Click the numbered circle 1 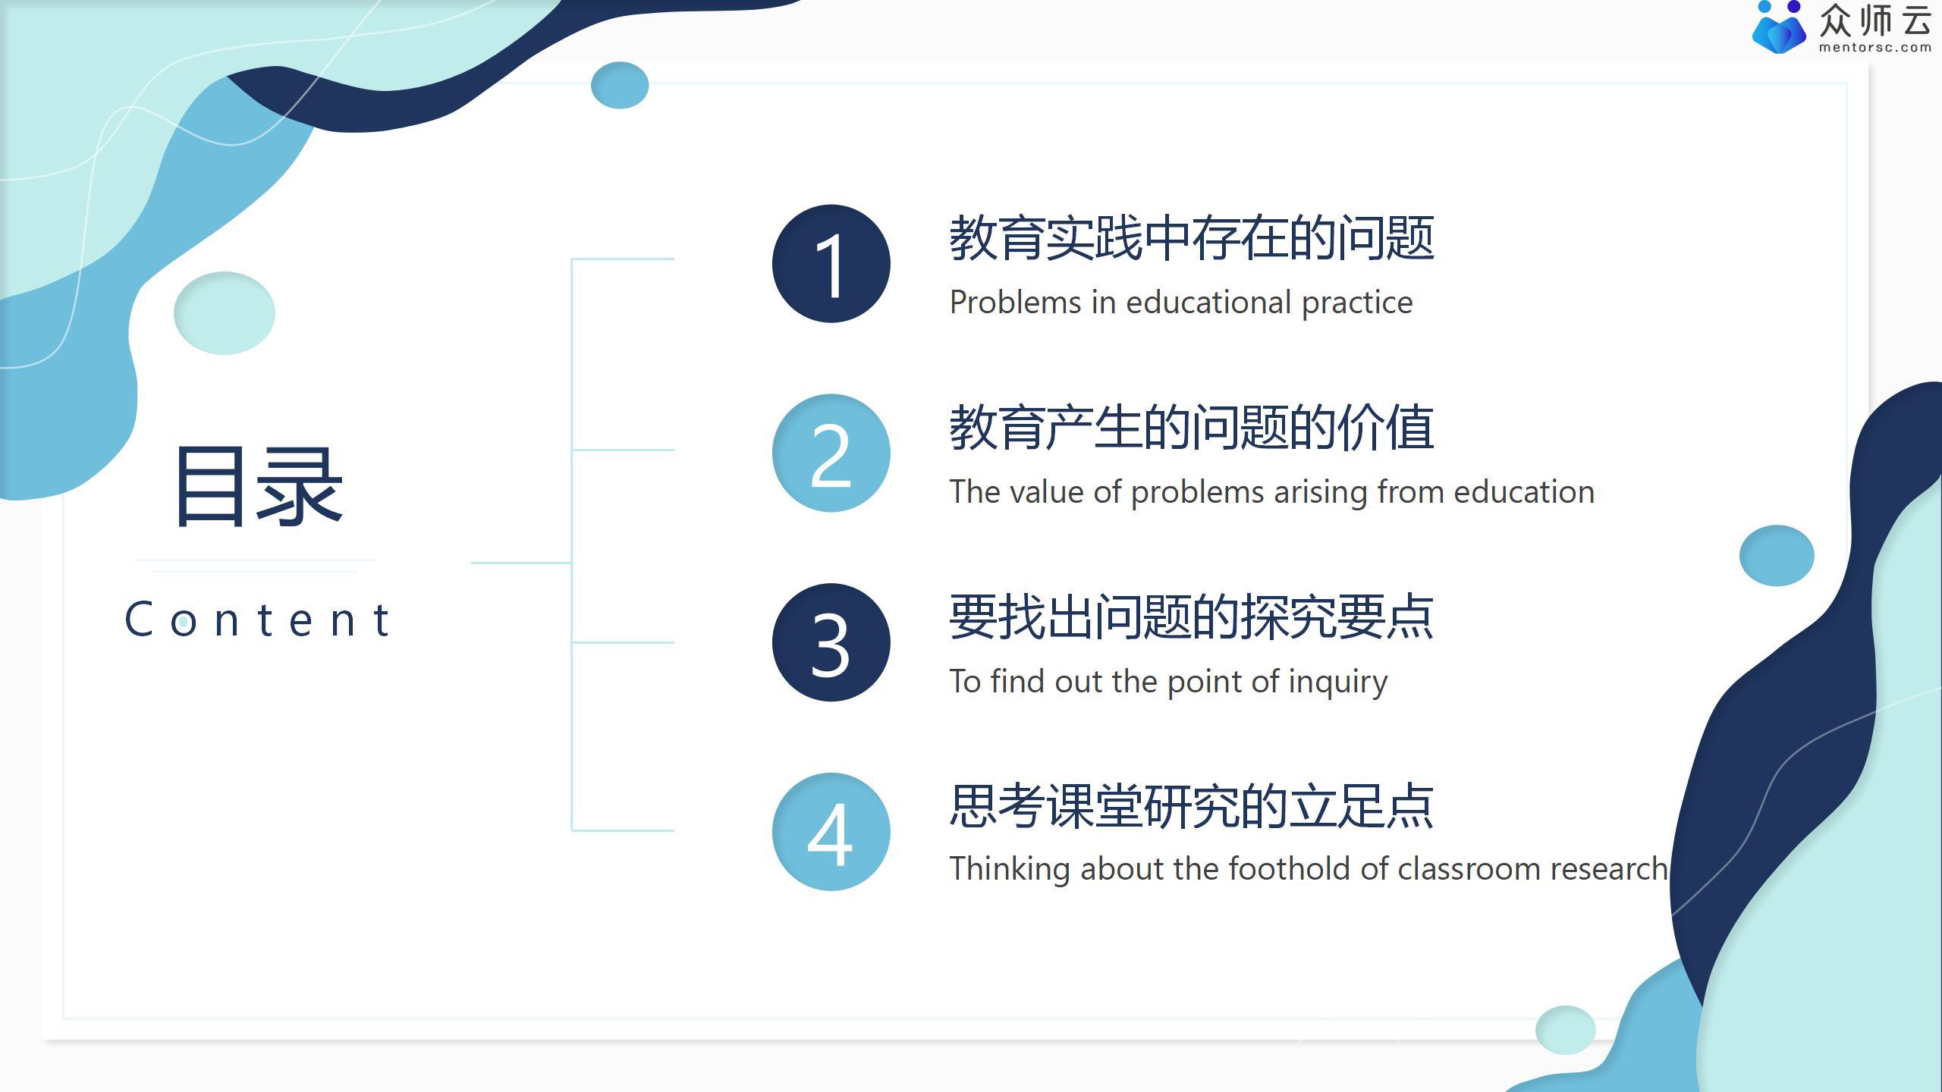point(831,263)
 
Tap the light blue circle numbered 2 point(831,453)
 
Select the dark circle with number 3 point(831,642)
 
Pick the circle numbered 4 point(831,832)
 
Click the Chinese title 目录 point(258,486)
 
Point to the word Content point(258,620)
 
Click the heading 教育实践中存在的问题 point(1191,238)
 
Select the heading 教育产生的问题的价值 point(1191,428)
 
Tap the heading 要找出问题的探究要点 point(1191,617)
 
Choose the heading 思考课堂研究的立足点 point(1191,805)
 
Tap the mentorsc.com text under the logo point(1874,47)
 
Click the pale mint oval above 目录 point(224,312)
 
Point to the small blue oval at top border point(619,85)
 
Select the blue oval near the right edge point(1776,555)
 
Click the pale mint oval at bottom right point(1564,1029)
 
